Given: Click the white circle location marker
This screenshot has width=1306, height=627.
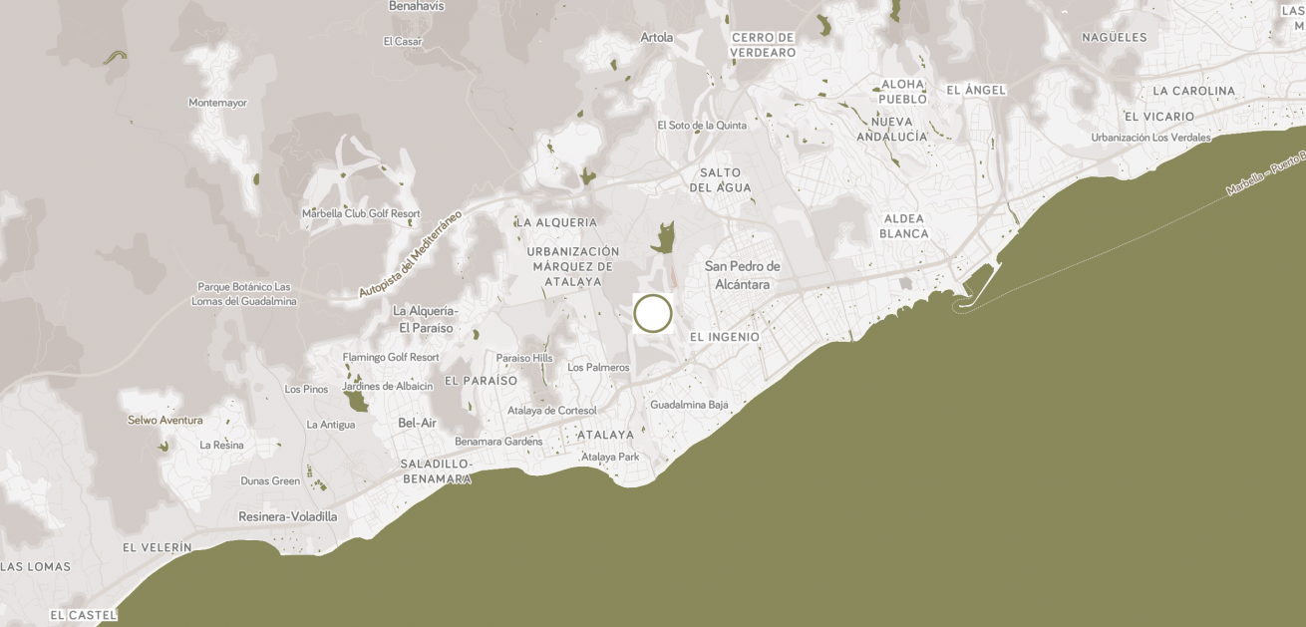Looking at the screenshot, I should (653, 313).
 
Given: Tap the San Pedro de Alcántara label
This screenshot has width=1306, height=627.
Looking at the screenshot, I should (742, 275).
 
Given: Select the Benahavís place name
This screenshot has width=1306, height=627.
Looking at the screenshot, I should (417, 6).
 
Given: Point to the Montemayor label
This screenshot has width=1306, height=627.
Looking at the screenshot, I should (217, 103).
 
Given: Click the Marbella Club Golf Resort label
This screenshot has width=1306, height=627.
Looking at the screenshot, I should (361, 213).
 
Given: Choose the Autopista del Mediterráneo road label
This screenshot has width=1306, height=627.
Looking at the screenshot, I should (410, 254).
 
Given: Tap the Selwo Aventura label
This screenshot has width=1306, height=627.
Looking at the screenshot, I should (164, 421).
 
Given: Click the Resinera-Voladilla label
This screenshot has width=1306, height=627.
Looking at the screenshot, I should (287, 516).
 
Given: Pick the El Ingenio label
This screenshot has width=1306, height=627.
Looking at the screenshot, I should (724, 337).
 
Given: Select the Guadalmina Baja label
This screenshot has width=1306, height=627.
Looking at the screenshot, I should (689, 405).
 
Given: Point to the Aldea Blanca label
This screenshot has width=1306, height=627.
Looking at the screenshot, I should (903, 226).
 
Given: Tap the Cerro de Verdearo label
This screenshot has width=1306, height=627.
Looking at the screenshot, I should (763, 45).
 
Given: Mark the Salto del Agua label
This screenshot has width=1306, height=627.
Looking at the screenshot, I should (720, 180).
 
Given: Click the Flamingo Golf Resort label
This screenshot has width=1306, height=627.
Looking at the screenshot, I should (391, 357).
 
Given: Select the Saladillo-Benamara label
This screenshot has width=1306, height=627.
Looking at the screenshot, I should (436, 471).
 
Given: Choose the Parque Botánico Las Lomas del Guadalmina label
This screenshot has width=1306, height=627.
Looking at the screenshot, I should (243, 294).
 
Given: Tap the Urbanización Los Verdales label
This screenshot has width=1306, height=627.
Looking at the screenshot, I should (1150, 138).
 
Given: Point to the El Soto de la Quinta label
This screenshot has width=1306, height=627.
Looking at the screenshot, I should (701, 126).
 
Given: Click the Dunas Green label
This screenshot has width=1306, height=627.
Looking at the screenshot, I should (270, 480).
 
